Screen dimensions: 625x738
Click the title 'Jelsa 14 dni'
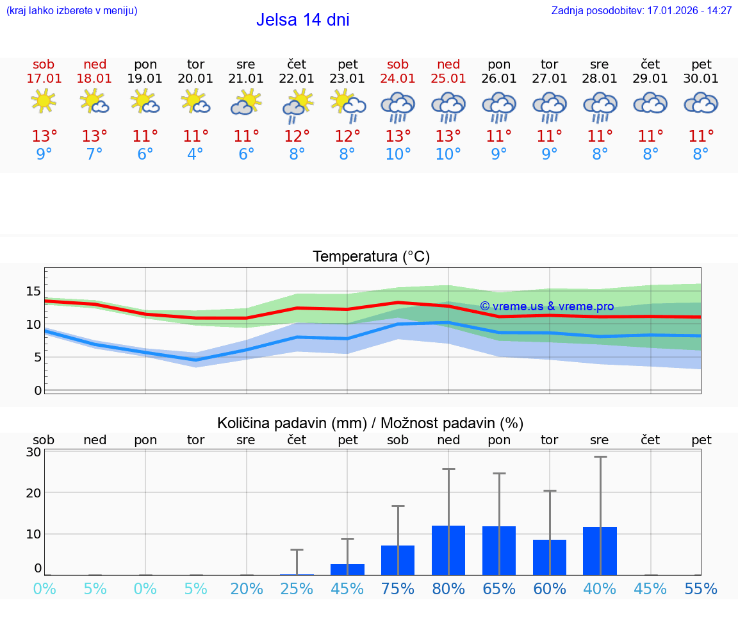coord(302,20)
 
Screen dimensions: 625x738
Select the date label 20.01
coord(195,79)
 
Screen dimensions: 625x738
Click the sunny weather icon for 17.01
coord(44,101)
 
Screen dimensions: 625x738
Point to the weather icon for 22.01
coord(297,105)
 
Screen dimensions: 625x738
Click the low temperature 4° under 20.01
coord(195,154)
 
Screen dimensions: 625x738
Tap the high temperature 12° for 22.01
coord(297,137)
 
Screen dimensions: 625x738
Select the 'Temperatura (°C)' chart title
coord(371,257)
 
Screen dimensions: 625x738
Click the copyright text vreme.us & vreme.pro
coord(546,306)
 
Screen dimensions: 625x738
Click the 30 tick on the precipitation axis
coord(33,452)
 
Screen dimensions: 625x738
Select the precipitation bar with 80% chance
coord(448,550)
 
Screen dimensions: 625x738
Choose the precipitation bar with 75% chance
coord(398,560)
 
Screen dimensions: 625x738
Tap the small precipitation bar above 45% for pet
coord(347,569)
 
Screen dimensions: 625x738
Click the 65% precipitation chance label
coord(499,588)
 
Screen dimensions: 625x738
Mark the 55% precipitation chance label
coord(701,588)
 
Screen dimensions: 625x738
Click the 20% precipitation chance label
coord(247,588)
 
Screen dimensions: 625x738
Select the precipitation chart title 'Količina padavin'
coord(370,423)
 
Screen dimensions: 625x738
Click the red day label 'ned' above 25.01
coord(448,65)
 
